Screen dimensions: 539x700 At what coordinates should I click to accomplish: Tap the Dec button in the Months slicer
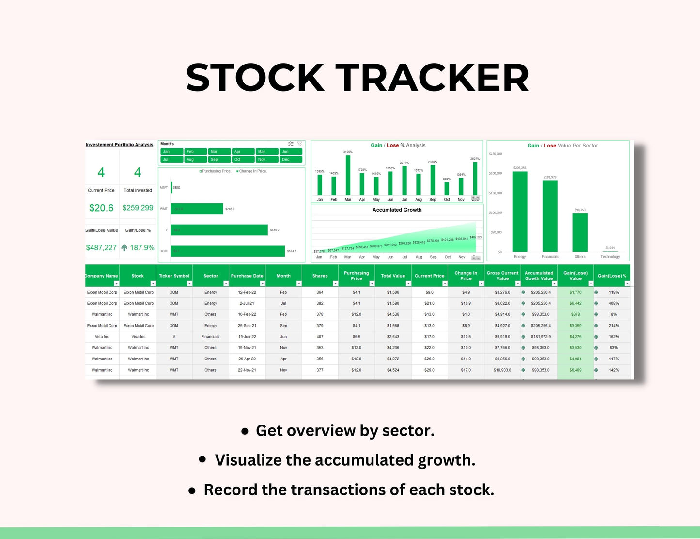(x=291, y=159)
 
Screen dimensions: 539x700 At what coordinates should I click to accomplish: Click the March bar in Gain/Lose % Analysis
(x=348, y=175)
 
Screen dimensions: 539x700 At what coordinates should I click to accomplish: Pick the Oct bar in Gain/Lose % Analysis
(x=447, y=188)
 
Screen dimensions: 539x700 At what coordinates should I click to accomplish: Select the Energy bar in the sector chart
(x=520, y=212)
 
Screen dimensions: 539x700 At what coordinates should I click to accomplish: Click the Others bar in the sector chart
(x=580, y=232)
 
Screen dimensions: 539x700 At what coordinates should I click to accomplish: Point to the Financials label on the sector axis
(x=550, y=257)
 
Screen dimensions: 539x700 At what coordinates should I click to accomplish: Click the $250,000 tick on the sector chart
(x=495, y=154)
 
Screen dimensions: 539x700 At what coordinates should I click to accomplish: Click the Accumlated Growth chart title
(x=397, y=210)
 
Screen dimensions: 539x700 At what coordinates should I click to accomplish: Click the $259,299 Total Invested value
(x=138, y=208)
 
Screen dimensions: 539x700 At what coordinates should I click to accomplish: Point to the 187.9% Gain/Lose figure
(x=141, y=247)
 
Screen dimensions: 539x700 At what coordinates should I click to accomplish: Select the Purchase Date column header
(x=247, y=276)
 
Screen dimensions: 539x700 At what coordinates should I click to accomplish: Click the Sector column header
(x=210, y=276)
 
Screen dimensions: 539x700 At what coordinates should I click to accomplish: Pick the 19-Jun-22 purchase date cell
(x=247, y=337)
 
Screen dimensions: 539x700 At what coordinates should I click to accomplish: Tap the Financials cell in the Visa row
(x=210, y=337)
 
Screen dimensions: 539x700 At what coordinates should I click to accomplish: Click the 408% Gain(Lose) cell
(x=614, y=303)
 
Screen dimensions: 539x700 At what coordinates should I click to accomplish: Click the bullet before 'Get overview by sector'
(x=245, y=431)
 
